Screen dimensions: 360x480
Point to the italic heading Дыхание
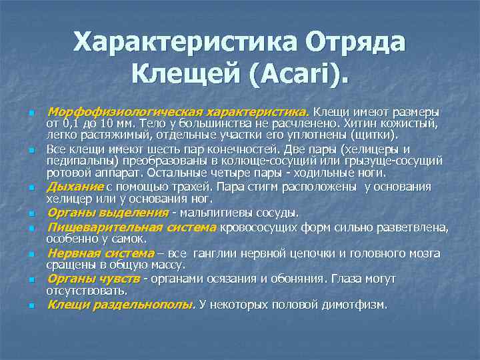coord(75,187)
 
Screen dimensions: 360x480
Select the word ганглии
coord(212,253)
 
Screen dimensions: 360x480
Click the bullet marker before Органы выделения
coord(31,215)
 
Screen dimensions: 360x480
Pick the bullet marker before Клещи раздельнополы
coord(31,307)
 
